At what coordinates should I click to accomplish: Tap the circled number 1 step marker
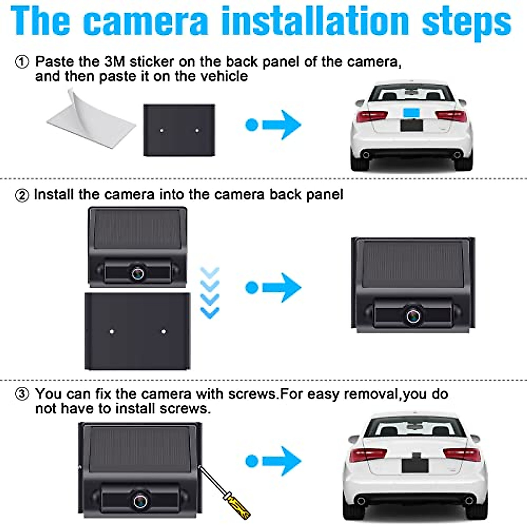22,62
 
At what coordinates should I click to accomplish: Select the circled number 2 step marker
22,195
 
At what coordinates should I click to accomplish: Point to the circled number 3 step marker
22,394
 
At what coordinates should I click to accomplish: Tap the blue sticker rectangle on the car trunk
412,112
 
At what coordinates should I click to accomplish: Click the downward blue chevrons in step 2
209,292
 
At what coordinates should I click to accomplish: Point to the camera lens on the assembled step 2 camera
413,316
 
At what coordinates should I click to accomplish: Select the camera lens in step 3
141,501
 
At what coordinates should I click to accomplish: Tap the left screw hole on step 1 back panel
162,130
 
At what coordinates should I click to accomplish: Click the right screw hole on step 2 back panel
164,332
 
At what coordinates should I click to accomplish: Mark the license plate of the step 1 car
411,125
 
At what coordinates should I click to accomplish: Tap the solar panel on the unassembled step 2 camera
137,228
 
